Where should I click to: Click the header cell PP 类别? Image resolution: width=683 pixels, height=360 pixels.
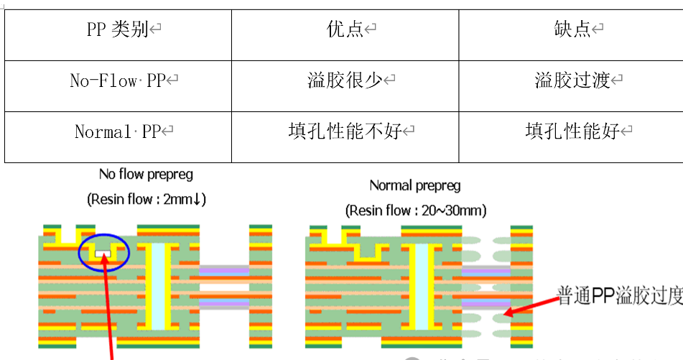point(119,30)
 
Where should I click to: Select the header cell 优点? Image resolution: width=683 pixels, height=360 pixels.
point(345,30)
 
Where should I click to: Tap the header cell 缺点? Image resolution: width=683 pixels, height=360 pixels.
point(572,30)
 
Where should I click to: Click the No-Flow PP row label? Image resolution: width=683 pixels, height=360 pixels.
point(118,81)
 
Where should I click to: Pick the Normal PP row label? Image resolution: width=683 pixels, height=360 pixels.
point(119,132)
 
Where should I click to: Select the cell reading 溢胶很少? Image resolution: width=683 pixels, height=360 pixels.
point(345,81)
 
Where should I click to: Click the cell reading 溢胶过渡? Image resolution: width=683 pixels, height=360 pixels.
point(572,81)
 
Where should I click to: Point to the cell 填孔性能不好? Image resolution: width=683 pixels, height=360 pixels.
point(345,132)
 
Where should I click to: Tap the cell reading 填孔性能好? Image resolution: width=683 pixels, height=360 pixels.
point(572,132)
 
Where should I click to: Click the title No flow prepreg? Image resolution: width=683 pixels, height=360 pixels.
point(146,175)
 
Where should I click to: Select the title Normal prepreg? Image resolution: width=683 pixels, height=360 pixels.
point(415,185)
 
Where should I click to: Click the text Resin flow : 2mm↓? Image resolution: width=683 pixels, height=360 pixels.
point(147,200)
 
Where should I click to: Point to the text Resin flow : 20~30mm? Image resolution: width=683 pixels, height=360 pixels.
point(416,211)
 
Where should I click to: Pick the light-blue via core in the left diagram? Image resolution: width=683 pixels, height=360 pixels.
point(159,284)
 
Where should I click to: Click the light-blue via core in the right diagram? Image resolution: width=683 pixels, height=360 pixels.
point(422,284)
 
